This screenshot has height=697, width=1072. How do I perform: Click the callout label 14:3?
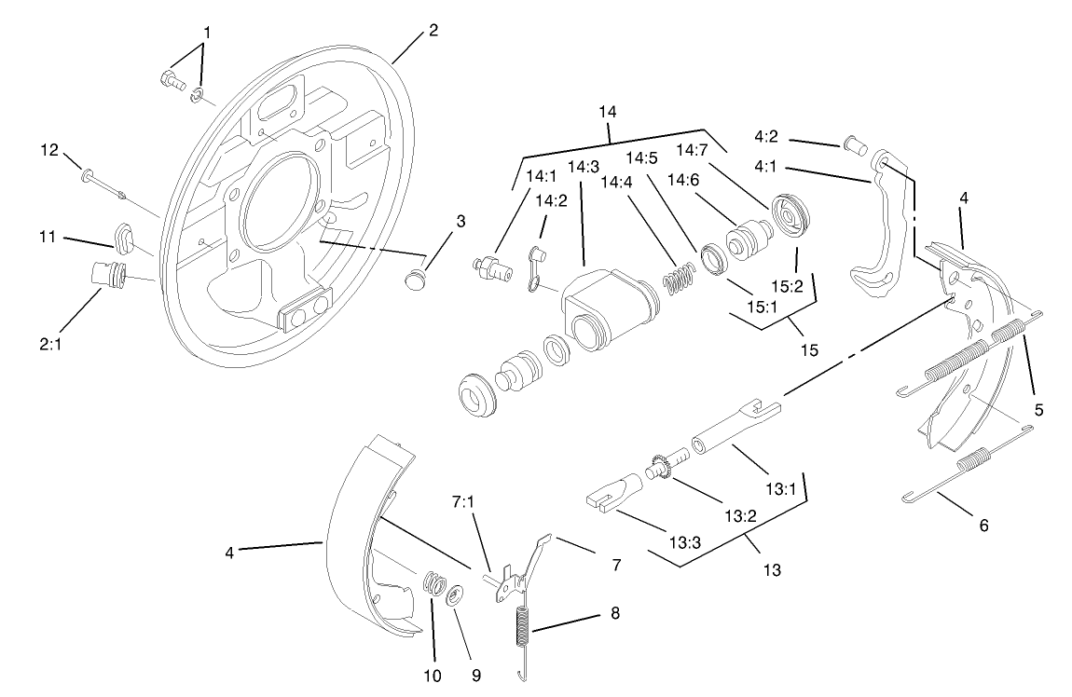582,166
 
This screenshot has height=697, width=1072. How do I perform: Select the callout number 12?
50,149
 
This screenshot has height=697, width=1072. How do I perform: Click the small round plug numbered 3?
416,279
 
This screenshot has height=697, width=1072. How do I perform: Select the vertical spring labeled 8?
523,635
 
